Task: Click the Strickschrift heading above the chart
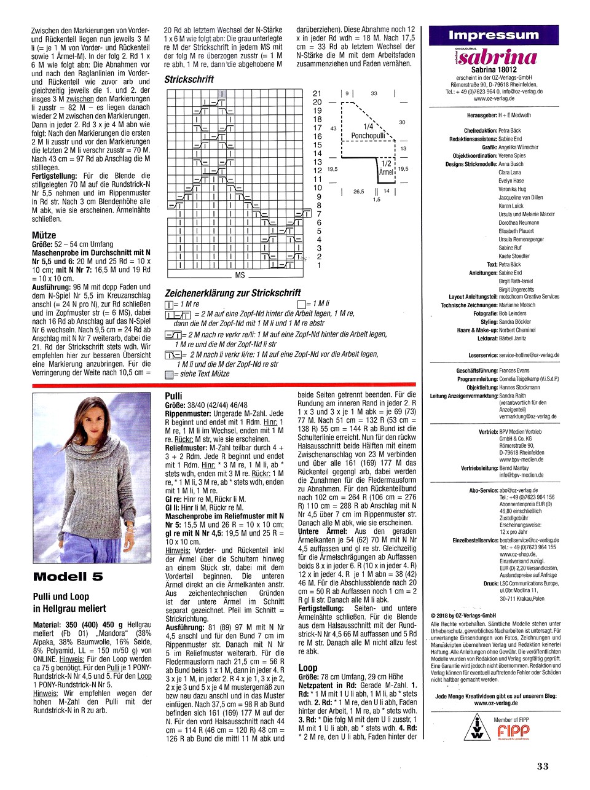(189, 79)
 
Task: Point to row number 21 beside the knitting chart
(317, 93)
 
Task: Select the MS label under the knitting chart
(240, 275)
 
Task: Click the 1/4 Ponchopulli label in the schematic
(368, 131)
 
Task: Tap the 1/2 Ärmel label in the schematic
(386, 168)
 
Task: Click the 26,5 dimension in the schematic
(358, 191)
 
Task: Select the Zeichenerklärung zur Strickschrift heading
(233, 293)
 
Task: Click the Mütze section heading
(44, 235)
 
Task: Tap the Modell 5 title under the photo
(68, 576)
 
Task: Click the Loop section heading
(307, 667)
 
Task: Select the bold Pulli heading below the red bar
(174, 396)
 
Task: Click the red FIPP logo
(513, 731)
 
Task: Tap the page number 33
(542, 765)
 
